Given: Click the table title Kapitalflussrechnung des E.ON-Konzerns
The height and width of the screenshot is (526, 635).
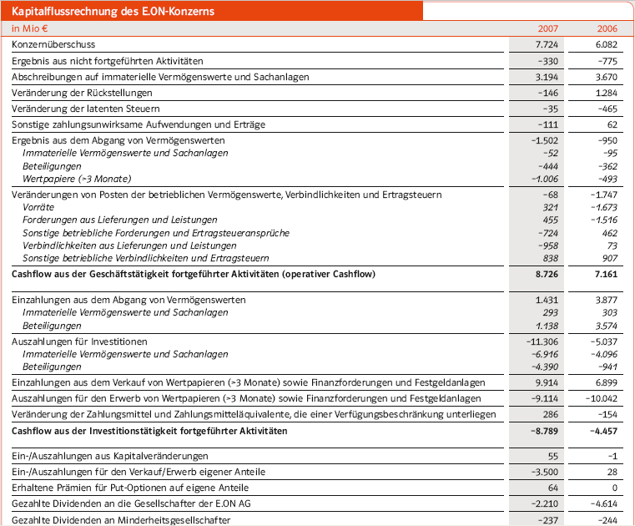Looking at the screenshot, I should pyautogui.click(x=113, y=11).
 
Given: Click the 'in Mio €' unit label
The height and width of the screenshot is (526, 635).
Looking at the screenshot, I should pyautogui.click(x=29, y=28).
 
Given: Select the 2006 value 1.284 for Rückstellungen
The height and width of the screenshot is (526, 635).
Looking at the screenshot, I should pyautogui.click(x=604, y=93).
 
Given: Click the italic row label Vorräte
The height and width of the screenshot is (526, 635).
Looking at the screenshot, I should pyautogui.click(x=39, y=207).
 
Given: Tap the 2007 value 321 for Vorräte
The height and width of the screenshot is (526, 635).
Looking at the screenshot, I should pyautogui.click(x=550, y=207).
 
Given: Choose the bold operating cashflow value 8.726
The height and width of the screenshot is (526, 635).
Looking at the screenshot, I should pyautogui.click(x=544, y=275).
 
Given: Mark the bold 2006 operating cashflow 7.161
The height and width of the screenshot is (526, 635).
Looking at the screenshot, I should pyautogui.click(x=604, y=275).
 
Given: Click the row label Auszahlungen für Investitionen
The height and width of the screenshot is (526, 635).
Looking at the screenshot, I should pyautogui.click(x=79, y=341).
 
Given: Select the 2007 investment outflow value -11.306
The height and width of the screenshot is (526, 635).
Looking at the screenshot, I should pyautogui.click(x=541, y=341).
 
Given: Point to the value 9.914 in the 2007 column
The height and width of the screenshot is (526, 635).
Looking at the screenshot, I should pyautogui.click(x=545, y=382).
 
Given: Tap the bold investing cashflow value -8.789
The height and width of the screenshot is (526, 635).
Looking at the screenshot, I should pyautogui.click(x=542, y=432).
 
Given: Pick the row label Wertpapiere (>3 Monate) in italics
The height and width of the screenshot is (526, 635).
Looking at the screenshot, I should pyautogui.click(x=77, y=179).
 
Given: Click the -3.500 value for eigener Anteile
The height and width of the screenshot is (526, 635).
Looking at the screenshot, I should pyautogui.click(x=542, y=472).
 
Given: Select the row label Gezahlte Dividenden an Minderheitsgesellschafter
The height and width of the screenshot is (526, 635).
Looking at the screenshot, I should pyautogui.click(x=121, y=519).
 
